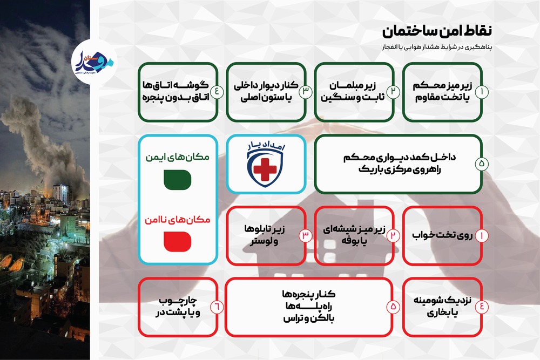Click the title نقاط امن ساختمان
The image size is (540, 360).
pos(437,31)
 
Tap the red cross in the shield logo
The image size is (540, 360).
pos(265,169)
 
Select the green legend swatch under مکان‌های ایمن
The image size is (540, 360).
pos(177,180)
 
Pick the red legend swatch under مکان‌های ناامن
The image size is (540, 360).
pos(177,242)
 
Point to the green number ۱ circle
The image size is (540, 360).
pos(482,92)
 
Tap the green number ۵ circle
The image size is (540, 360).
pos(482,164)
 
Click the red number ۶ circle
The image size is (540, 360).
pos(217,307)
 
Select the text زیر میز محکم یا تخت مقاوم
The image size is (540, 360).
pos(442,92)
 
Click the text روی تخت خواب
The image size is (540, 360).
pos(442,235)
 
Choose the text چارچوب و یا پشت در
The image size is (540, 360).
pos(178,307)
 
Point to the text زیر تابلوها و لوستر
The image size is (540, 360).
pos(265,235)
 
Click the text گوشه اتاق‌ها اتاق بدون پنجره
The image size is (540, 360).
pos(175,92)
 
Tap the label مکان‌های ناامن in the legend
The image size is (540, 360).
pos(177,220)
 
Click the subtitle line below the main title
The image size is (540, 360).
pos(437,47)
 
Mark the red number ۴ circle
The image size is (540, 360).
pos(482,307)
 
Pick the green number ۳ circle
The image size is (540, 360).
pos(305,92)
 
